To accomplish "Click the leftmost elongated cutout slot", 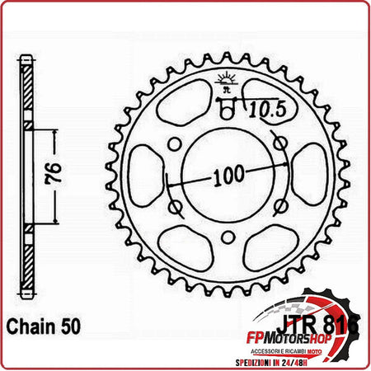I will coord(148,174).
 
